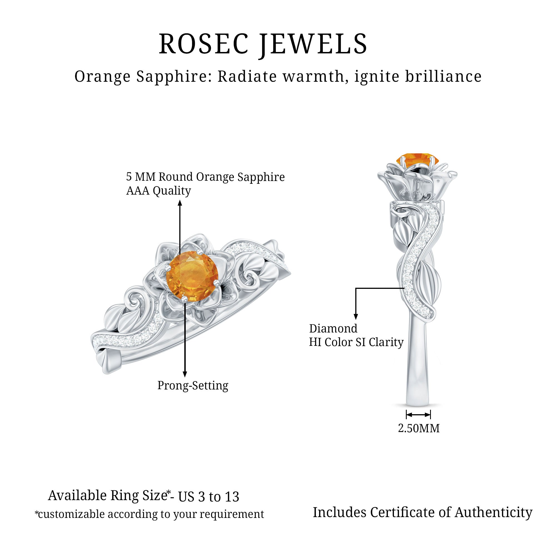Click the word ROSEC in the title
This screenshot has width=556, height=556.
pyautogui.click(x=203, y=44)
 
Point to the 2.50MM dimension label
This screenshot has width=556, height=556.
pyautogui.click(x=419, y=428)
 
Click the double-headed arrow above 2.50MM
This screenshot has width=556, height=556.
pyautogui.click(x=418, y=415)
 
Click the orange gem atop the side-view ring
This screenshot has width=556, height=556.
pyautogui.click(x=417, y=160)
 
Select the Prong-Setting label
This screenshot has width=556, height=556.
pyautogui.click(x=193, y=385)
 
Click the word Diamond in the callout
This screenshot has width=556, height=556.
pyautogui.click(x=333, y=328)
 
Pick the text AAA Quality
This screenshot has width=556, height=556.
pyautogui.click(x=158, y=191)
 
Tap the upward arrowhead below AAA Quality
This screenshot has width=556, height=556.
pyautogui.click(x=180, y=203)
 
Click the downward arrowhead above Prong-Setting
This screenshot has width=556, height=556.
pyautogui.click(x=185, y=374)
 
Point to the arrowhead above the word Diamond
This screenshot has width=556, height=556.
pyautogui.click(x=356, y=317)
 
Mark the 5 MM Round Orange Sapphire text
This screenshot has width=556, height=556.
pyautogui.click(x=205, y=177)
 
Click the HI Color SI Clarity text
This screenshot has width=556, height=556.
pyautogui.click(x=356, y=342)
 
